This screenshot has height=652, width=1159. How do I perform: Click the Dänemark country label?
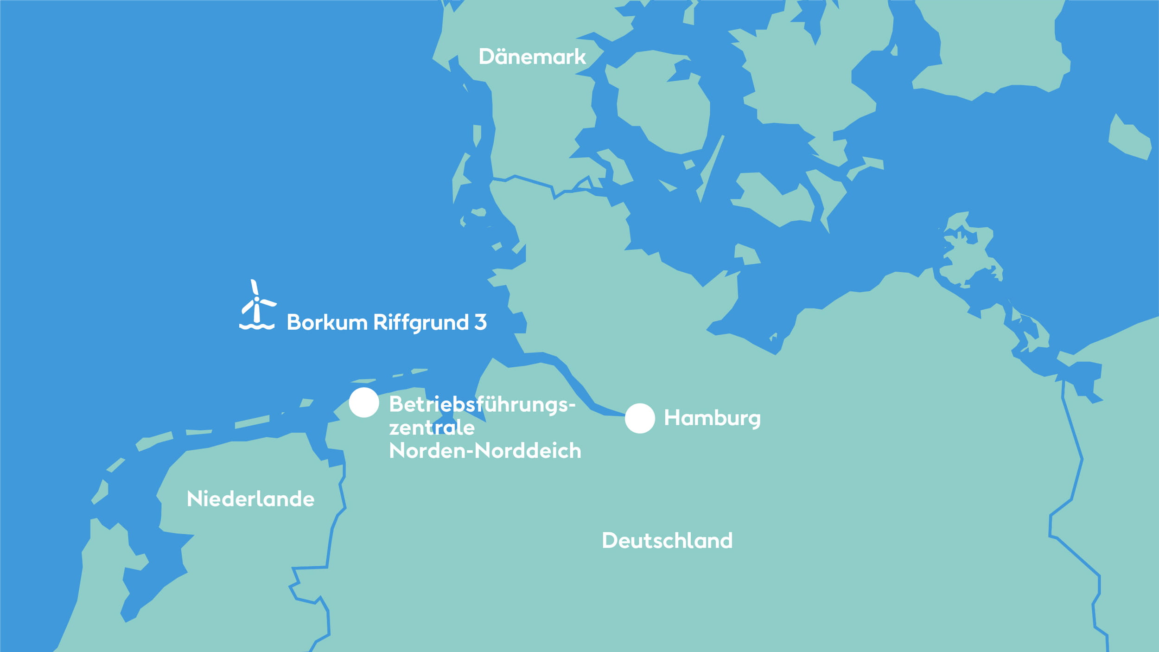[x=532, y=57]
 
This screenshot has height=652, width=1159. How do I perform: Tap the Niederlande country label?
[x=250, y=499]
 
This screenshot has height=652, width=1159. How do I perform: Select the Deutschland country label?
[x=667, y=540]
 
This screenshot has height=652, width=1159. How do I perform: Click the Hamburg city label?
[x=712, y=418]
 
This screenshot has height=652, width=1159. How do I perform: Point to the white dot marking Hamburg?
[x=640, y=418]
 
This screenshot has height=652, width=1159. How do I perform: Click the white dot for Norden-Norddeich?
[x=364, y=403]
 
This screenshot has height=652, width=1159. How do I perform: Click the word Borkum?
[x=327, y=322]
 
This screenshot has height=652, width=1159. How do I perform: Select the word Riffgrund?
[x=421, y=322]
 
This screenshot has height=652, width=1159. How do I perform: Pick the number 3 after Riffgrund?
[x=480, y=322]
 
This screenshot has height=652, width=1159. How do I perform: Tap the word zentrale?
[x=432, y=428]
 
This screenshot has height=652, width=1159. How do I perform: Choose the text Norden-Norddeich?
[x=485, y=450]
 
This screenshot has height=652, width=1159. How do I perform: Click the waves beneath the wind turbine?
[x=257, y=326]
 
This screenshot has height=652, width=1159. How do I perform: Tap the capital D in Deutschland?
[x=611, y=540]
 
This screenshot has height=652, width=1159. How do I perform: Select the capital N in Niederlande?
[x=194, y=499]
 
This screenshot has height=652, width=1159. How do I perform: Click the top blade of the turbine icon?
[x=254, y=288]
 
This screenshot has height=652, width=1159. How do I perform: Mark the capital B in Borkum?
[x=294, y=322]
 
